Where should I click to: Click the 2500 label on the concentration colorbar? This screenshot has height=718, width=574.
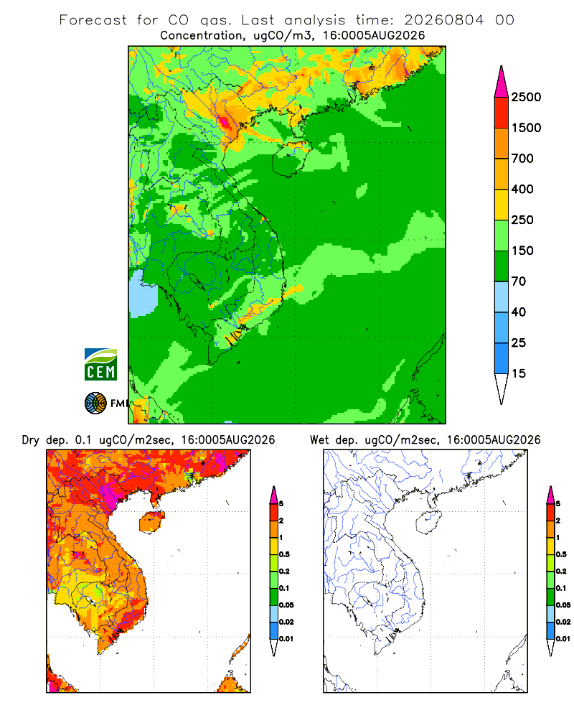526,97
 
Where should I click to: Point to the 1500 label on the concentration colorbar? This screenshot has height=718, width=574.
526,128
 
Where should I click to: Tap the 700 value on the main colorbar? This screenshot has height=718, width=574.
522,159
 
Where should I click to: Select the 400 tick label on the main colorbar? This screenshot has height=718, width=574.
522,189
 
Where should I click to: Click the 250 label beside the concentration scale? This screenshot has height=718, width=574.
522,220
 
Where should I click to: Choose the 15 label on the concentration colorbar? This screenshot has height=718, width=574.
519,373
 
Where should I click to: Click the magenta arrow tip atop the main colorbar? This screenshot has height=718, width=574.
502,82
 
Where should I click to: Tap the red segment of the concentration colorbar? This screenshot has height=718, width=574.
502,113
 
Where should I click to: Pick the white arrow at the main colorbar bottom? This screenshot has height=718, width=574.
502,388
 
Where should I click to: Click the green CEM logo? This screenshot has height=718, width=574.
100,365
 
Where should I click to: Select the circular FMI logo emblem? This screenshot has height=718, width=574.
95,404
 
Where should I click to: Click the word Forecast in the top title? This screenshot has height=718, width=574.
93,20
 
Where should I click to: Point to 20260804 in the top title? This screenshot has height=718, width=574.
443,20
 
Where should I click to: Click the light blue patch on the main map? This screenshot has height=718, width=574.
143,294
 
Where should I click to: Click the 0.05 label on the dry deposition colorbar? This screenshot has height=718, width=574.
286,605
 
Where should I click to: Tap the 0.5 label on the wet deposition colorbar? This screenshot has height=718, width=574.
561,554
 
